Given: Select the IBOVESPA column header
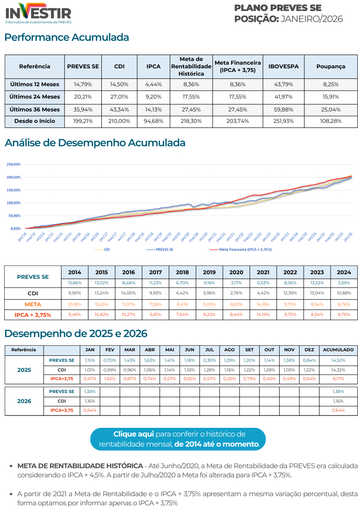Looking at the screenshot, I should click(x=283, y=66).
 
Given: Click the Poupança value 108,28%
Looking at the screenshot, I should click(x=330, y=122).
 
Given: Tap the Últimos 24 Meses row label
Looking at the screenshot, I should click(x=35, y=97).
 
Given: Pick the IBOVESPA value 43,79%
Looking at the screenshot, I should click(x=283, y=84).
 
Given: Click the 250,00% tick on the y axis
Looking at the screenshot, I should click(x=14, y=164).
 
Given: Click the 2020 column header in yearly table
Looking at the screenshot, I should click(x=236, y=272).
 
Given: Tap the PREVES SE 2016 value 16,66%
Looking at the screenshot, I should click(x=128, y=283).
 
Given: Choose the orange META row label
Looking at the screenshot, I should click(x=33, y=304).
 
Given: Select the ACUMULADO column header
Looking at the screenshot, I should click(x=338, y=349).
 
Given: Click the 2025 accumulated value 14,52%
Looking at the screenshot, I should click(x=338, y=360).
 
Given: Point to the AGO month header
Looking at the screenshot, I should click(x=230, y=349).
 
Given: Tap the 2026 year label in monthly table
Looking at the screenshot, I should click(x=24, y=401).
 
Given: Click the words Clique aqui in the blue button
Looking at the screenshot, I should click(x=133, y=434).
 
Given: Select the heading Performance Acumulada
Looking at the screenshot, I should click(x=67, y=37).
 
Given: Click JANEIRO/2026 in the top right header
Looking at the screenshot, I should click(x=311, y=19).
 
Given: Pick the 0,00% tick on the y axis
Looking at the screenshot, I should click(x=15, y=228).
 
